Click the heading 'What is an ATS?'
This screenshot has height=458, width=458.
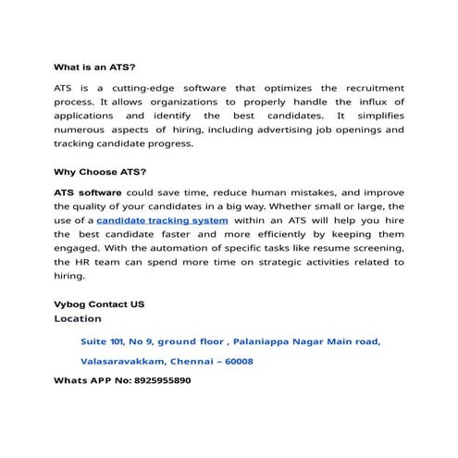[94, 68]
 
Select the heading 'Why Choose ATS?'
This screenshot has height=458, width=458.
[99, 172]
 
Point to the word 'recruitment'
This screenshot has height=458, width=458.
[372, 87]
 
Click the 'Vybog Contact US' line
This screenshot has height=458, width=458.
[99, 304]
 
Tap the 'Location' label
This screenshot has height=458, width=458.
[78, 318]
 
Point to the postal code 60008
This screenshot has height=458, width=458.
[236, 361]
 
